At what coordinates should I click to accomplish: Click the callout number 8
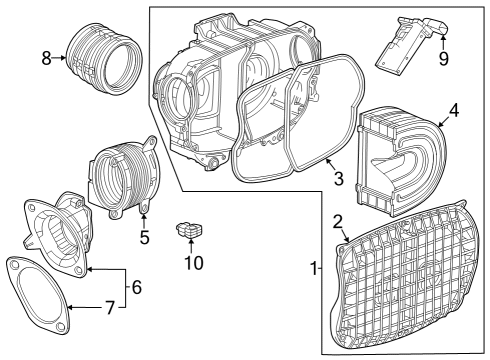coord(46,58)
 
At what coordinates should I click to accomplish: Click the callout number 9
coord(443,58)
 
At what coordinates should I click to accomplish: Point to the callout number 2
coord(338,221)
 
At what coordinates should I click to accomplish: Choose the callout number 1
coord(315,269)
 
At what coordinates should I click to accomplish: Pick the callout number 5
coord(144,237)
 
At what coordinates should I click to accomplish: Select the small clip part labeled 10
coord(188,232)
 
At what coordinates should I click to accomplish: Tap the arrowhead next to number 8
coord(66,58)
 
